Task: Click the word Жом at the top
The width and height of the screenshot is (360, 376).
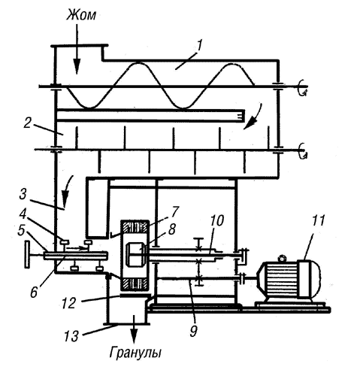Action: (81, 15)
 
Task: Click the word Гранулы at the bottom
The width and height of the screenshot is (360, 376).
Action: (135, 353)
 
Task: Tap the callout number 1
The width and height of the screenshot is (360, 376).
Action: (198, 46)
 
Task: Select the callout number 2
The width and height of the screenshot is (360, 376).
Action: (27, 123)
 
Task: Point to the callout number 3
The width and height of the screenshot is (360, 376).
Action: (23, 194)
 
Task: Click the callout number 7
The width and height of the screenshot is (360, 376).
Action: (175, 212)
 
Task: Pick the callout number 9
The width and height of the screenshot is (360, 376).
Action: (193, 331)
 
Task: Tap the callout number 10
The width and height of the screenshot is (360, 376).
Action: (217, 221)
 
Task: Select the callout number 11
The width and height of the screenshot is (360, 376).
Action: (318, 221)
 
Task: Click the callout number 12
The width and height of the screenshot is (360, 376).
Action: (68, 303)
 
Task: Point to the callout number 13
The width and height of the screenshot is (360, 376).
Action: (71, 336)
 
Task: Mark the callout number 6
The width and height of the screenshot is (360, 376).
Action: (34, 292)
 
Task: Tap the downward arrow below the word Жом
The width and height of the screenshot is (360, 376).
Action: (77, 49)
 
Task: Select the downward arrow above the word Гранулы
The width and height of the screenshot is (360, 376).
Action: (135, 329)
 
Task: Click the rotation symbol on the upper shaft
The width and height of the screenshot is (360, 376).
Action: (302, 88)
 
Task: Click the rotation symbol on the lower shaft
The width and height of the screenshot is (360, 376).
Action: (302, 151)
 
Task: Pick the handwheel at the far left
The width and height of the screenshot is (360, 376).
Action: (27, 254)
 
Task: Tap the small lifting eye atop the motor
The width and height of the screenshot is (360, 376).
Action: (283, 258)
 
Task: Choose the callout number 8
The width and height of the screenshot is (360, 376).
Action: (171, 230)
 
